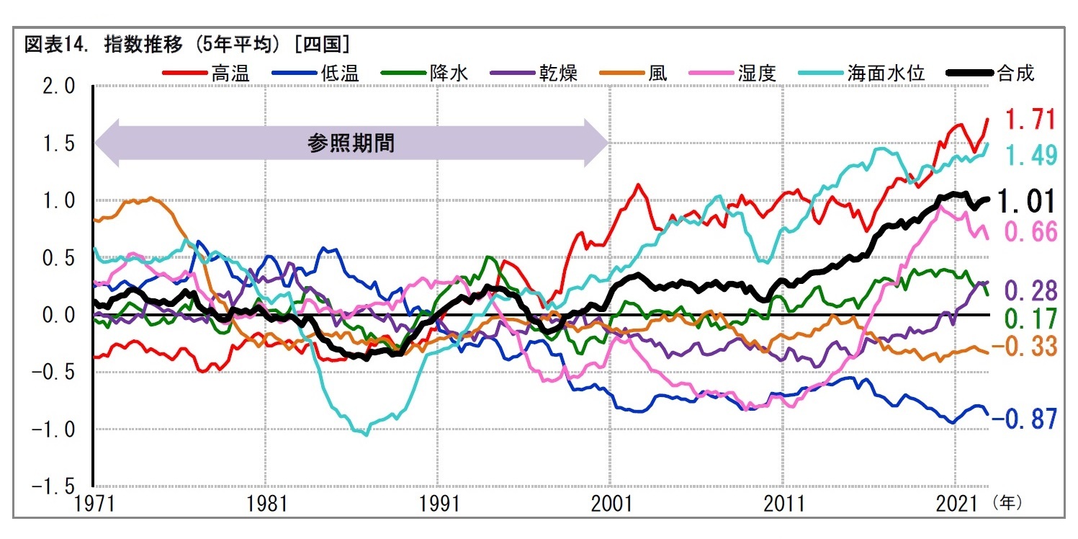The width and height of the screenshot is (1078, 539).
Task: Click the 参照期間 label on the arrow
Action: pos(351,143)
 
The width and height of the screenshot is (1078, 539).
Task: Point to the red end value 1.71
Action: pos(1030,119)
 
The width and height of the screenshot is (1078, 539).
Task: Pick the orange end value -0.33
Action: pos(1023,347)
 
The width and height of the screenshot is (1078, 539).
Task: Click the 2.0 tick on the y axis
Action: pos(58,87)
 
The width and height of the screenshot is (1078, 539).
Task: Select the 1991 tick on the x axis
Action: pos(438,502)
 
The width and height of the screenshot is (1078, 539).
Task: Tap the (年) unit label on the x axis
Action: pos(1006,502)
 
